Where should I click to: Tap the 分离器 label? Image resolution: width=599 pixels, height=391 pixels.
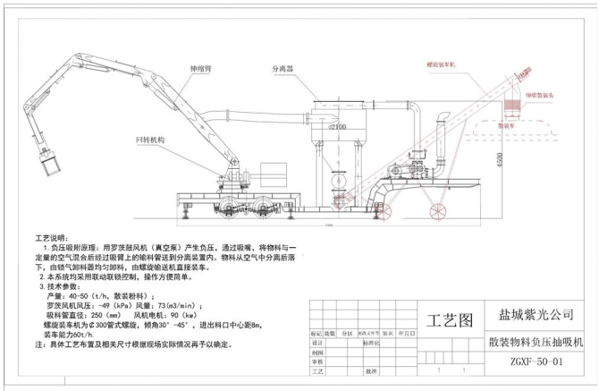283,67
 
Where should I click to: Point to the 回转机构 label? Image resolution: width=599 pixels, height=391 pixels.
150,140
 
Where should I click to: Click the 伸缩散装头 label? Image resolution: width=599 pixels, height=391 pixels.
543,93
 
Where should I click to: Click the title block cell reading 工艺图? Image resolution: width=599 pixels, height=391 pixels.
449,319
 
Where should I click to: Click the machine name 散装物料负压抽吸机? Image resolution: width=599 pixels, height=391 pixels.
536,340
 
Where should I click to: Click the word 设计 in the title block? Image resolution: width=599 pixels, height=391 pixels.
316,343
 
